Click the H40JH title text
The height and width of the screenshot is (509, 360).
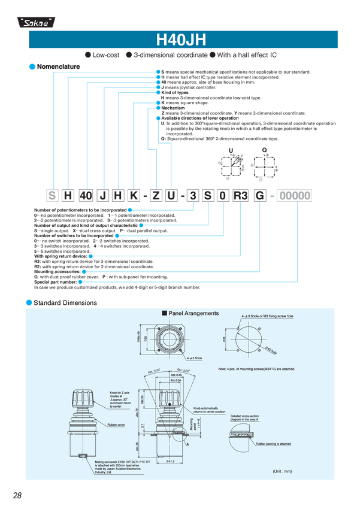tap(180, 41)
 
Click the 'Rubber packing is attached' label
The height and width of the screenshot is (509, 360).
tap(273, 444)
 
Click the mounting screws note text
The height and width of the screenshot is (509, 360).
tap(257, 369)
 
